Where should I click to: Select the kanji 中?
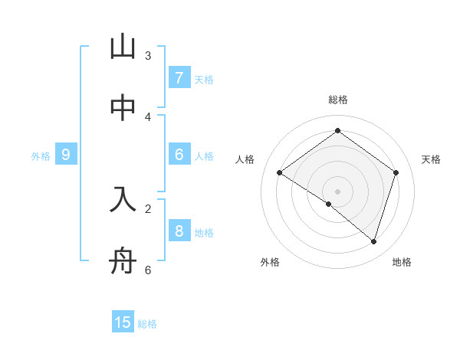123,108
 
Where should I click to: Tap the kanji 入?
123,200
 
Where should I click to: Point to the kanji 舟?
123,262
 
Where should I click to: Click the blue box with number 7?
179,78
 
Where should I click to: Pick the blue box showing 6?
179,155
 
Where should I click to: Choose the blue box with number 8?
179,231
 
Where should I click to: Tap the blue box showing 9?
66,155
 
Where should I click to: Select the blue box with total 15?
123,322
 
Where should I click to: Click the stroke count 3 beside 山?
148,55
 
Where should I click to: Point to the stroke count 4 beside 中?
148,116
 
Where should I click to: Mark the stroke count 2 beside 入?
148,208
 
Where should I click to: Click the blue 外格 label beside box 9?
41,155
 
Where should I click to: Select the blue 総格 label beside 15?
147,324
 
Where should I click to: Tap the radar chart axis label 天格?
431,159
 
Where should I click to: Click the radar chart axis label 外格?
270,262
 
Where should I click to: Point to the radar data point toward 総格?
337,131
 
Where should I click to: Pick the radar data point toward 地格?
373,241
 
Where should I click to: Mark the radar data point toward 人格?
280,173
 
